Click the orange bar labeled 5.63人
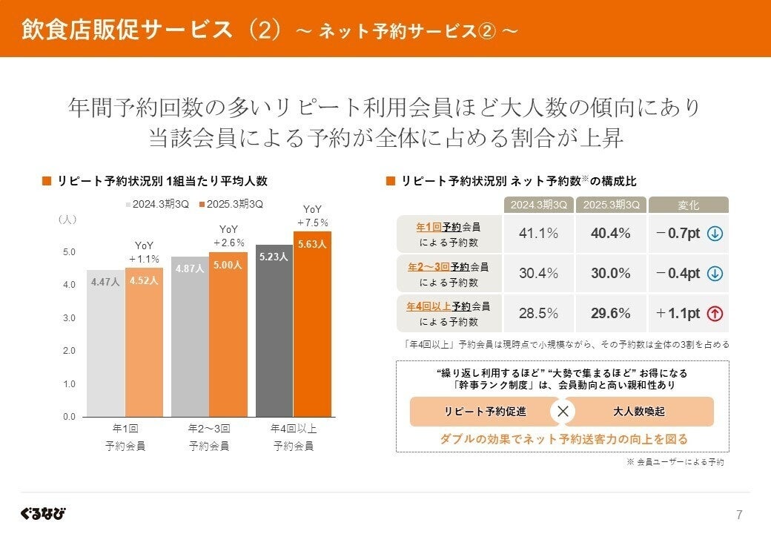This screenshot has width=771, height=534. point(312,326)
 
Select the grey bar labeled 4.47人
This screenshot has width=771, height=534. point(105,345)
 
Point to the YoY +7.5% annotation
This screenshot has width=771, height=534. point(312,216)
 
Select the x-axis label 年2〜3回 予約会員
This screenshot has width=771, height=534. point(208,437)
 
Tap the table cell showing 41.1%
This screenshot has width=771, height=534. point(538,234)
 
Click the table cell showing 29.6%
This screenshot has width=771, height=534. point(611,313)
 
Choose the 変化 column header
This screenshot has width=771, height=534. point(689,205)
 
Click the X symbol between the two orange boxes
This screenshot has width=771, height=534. point(563,412)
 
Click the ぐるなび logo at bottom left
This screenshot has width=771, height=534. point(43,513)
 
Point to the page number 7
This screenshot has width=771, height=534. point(738,515)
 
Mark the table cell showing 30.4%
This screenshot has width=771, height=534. point(538,273)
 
